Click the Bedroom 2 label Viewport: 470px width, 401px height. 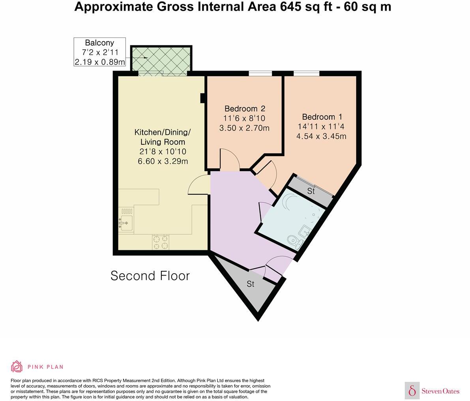tap(245, 109)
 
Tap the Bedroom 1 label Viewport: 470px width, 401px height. tap(322, 117)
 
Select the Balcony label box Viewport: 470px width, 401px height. tap(99, 52)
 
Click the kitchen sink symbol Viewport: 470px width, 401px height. tap(126, 223)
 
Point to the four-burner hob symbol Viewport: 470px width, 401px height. tap(161, 242)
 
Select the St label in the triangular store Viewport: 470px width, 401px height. tap(251, 284)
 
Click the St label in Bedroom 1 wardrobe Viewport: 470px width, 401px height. tap(311, 191)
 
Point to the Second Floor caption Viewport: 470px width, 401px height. tap(150, 276)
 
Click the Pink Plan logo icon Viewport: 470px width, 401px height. tap(17, 366)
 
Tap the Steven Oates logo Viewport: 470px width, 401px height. tap(432, 390)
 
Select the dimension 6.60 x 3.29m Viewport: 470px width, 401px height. tap(163, 161)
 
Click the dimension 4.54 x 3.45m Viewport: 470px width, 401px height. tap(321, 136)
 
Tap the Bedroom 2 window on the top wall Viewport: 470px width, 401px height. tap(260, 73)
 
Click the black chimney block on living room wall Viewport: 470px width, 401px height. tap(202, 98)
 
